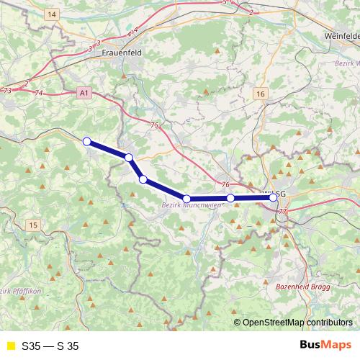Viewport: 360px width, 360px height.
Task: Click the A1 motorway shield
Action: [84, 93]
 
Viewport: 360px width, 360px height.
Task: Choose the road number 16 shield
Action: [260, 94]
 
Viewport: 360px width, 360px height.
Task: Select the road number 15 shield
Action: [33, 225]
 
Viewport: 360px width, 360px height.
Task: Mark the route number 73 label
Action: [7, 91]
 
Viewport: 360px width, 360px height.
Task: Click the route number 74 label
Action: [39, 94]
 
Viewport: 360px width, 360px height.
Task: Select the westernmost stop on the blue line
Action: [87, 142]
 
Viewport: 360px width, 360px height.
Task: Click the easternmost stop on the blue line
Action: [273, 197]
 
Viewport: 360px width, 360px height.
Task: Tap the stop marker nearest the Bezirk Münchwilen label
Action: [186, 199]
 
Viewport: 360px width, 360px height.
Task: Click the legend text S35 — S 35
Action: [50, 346]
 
